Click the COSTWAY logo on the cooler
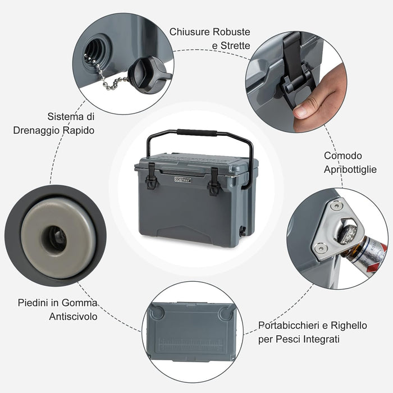tap(183, 180)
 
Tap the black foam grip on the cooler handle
tap(197, 132)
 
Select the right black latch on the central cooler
tap(214, 181)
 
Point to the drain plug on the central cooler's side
tap(243, 231)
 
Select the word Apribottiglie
tap(350, 170)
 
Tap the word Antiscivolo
tap(73, 316)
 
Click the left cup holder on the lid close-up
tap(157, 312)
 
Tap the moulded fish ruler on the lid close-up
tap(191, 345)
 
